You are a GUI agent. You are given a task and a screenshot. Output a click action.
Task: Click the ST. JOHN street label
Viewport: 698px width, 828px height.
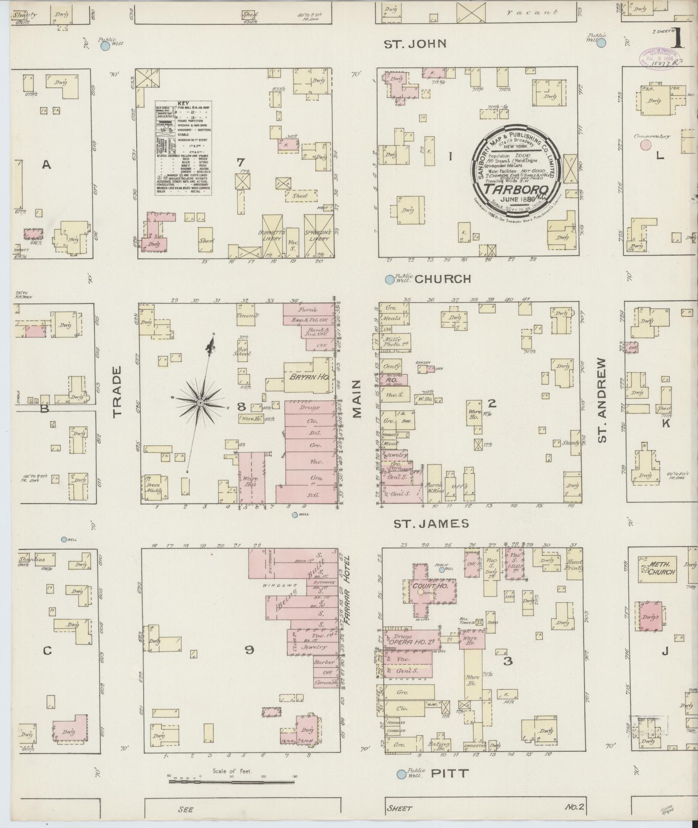click(415, 44)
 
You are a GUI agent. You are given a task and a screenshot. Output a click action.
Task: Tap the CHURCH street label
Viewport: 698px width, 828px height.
click(442, 279)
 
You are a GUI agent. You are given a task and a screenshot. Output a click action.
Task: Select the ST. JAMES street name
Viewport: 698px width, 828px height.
click(431, 524)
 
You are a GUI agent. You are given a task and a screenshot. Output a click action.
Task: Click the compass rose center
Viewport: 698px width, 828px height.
click(200, 403)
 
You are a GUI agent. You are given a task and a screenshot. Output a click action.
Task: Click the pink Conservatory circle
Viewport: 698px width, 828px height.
click(646, 145)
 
